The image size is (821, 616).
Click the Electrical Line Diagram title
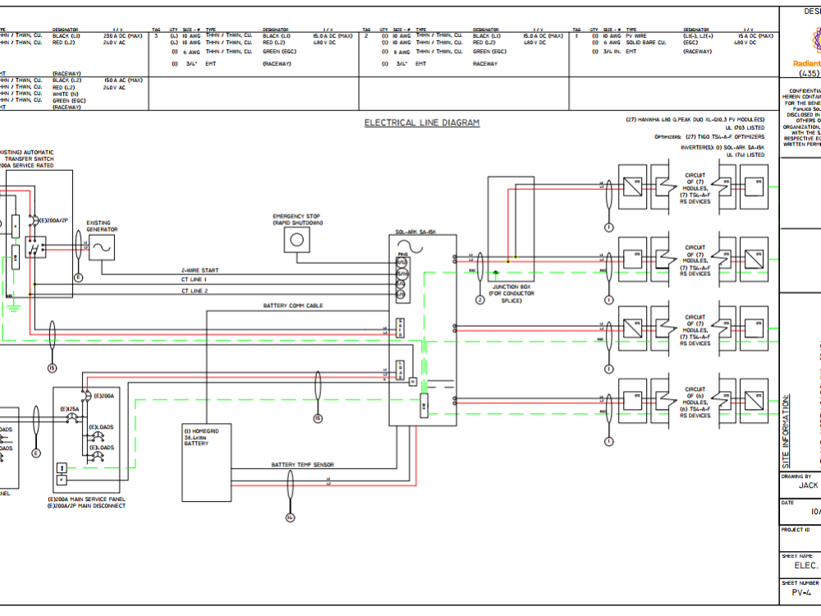[421, 123]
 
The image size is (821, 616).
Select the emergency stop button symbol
[297, 240]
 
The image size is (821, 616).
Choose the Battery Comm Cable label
[292, 306]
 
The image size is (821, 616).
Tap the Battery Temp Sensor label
[302, 465]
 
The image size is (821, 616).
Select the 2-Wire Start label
[200, 270]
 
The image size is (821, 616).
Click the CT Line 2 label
[195, 291]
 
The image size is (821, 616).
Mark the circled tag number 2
[479, 300]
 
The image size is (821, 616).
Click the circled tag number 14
[290, 517]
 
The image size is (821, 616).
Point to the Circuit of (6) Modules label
[695, 402]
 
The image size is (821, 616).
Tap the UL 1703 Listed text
[744, 128]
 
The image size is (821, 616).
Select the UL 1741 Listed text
[744, 154]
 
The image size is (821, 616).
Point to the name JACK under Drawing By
[808, 485]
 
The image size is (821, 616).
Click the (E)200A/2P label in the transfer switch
[52, 221]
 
